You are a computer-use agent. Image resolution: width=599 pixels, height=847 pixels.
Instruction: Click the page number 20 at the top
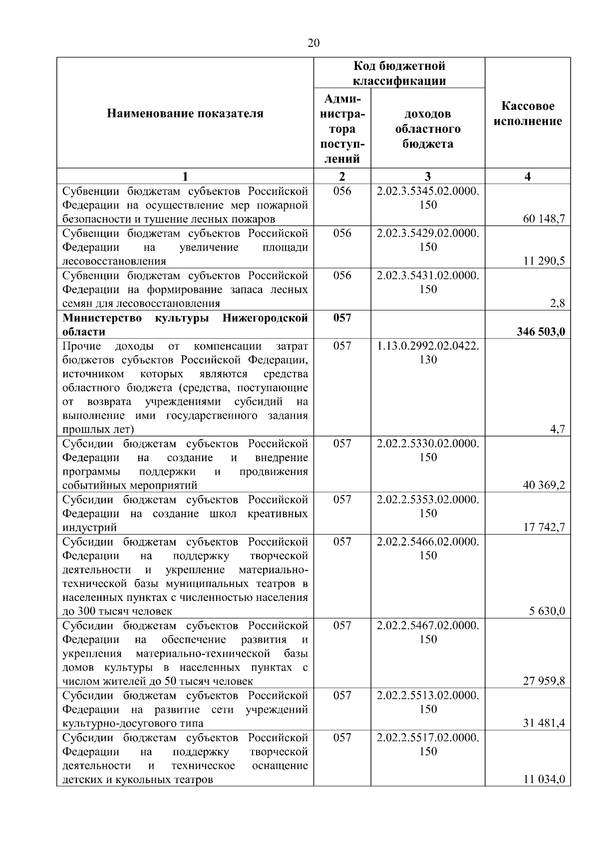point(313,43)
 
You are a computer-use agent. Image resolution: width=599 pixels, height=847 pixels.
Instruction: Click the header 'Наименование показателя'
point(185,113)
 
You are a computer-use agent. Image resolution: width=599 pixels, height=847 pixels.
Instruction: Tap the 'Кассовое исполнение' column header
point(528,113)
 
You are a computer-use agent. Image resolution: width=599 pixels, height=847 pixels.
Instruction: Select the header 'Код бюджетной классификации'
point(399,73)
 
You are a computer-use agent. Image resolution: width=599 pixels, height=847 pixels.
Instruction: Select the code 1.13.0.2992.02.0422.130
point(428,352)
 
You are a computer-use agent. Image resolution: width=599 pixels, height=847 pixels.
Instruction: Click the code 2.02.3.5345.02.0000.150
point(428,198)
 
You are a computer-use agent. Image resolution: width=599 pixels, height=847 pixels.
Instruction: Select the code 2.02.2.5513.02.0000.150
point(428,702)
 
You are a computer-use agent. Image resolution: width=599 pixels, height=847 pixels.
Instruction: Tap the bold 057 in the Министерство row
point(342,318)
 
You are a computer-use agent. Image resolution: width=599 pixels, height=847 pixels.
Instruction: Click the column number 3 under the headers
point(428,176)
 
